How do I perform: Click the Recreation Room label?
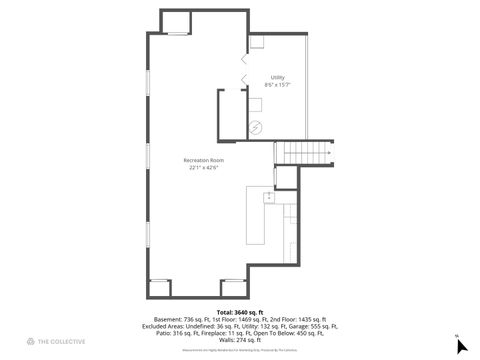(203, 160)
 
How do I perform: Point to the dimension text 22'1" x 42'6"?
(203, 168)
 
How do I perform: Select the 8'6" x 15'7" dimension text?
(277, 85)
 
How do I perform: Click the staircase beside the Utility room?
(303, 152)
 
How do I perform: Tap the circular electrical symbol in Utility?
(254, 127)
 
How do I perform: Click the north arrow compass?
(461, 346)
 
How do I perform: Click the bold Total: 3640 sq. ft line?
(240, 312)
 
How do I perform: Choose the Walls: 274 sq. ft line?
(240, 340)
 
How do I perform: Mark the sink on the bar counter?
(269, 198)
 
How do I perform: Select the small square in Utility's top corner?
(257, 42)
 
